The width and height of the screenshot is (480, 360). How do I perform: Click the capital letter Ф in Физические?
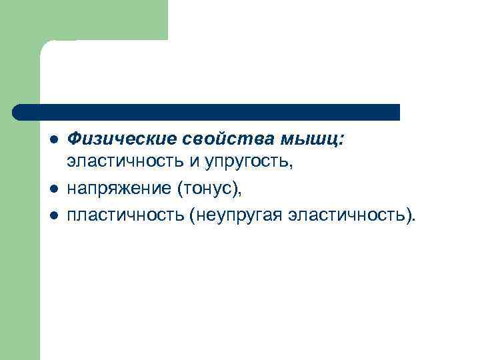point(75,138)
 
